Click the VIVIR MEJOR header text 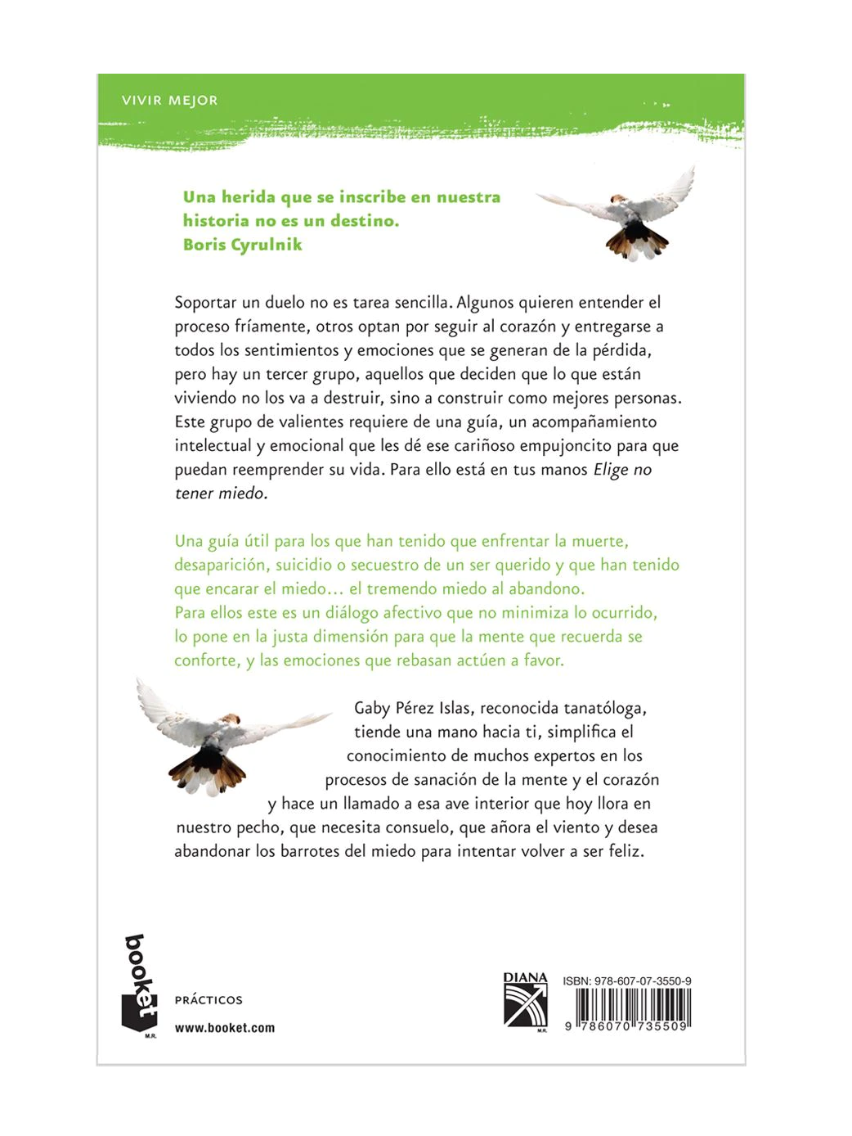[x=169, y=101]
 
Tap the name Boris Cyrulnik [x=242, y=245]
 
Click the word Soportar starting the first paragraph [x=205, y=303]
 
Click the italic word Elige [x=611, y=470]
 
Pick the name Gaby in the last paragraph [x=372, y=708]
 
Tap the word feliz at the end [x=626, y=851]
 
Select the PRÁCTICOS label [x=209, y=1000]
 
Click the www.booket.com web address [x=225, y=1028]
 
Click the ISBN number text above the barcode [x=626, y=980]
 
